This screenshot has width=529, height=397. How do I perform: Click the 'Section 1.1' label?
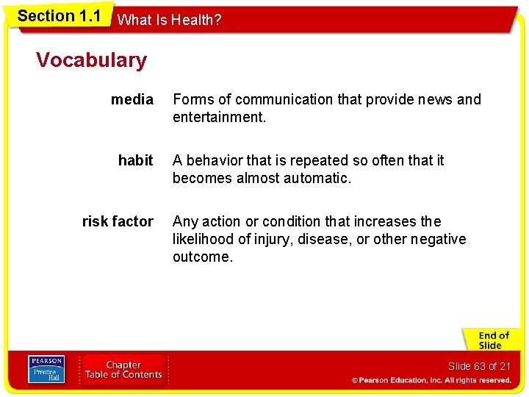pos(59,16)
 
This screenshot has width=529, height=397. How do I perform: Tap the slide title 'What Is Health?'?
pos(169,20)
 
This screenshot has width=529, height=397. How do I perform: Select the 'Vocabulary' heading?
pos(91,60)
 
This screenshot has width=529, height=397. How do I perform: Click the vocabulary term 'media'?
pos(132,99)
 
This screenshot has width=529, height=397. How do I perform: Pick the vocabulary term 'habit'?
pos(135,160)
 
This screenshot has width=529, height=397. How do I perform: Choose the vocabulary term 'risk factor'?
pos(118,221)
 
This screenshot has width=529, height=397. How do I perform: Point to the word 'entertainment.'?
pos(219,117)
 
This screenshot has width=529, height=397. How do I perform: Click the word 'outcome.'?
pos(202,257)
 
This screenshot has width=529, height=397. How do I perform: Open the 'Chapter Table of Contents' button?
pos(123,370)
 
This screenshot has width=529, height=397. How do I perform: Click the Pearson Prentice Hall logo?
pos(46,370)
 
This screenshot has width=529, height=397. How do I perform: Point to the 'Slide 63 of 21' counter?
pos(478,366)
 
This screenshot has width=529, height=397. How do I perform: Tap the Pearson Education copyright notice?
pos(431,380)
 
